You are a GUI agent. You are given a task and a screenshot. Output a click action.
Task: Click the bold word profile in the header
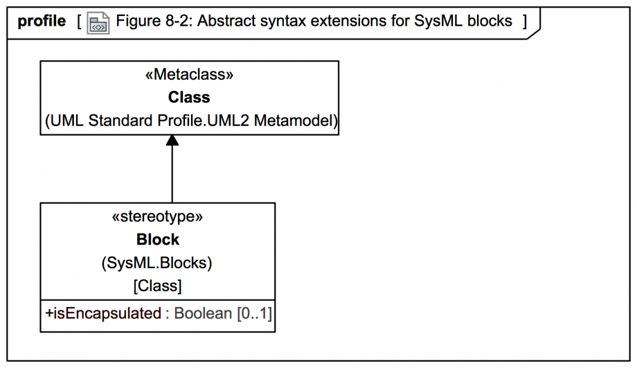pyautogui.click(x=42, y=21)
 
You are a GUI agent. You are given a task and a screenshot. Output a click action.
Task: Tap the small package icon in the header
pyautogui.click(x=98, y=23)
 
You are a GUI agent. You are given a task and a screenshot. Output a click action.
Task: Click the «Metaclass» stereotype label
pyautogui.click(x=189, y=74)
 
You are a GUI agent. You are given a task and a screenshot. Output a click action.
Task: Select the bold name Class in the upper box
pyautogui.click(x=189, y=97)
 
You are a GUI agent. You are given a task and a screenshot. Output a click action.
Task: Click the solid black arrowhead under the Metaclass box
pyautogui.click(x=172, y=140)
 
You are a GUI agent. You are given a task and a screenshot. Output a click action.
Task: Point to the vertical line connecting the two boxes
pyautogui.click(x=172, y=174)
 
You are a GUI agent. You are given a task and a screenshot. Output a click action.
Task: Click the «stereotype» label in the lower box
pyautogui.click(x=158, y=216)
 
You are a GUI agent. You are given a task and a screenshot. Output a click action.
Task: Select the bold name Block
pyautogui.click(x=158, y=240)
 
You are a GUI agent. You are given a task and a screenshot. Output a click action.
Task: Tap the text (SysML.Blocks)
pyautogui.click(x=156, y=263)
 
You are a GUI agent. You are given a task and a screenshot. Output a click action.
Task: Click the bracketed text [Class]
pyautogui.click(x=158, y=286)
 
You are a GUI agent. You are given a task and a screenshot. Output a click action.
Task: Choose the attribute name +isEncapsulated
pyautogui.click(x=103, y=313)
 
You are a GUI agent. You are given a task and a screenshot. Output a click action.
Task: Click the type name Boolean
pyautogui.click(x=203, y=313)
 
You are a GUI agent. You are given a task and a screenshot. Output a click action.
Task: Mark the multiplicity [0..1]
pyautogui.click(x=254, y=313)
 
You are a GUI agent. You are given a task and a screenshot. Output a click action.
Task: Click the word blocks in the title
pyautogui.click(x=490, y=21)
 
